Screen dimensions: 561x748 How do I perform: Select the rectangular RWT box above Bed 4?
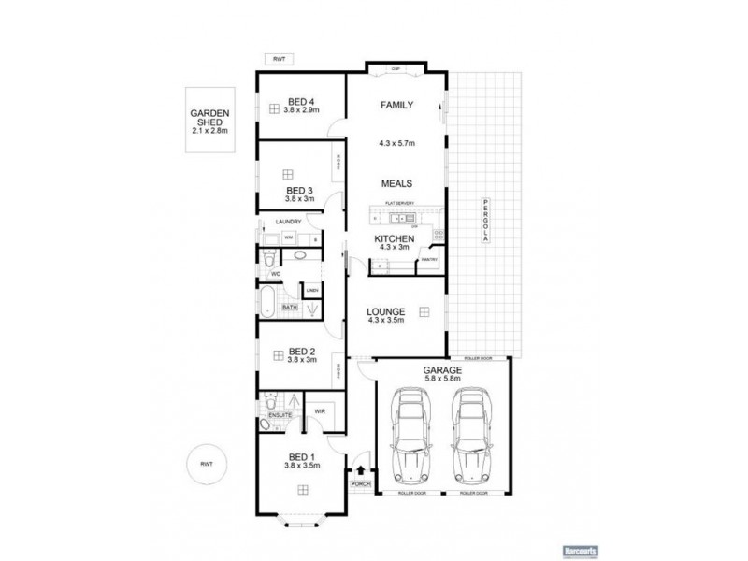tap(279, 59)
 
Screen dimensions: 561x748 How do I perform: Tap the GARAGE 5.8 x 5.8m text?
tap(443, 374)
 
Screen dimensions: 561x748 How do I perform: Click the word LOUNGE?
tap(385, 310)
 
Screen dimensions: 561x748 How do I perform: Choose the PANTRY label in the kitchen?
tap(429, 259)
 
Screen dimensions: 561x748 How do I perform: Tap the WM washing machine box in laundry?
tap(277, 237)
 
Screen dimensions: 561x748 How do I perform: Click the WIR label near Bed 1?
tap(319, 410)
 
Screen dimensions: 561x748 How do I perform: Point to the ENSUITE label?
tap(280, 413)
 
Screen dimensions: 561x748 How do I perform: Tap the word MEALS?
tap(396, 184)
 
